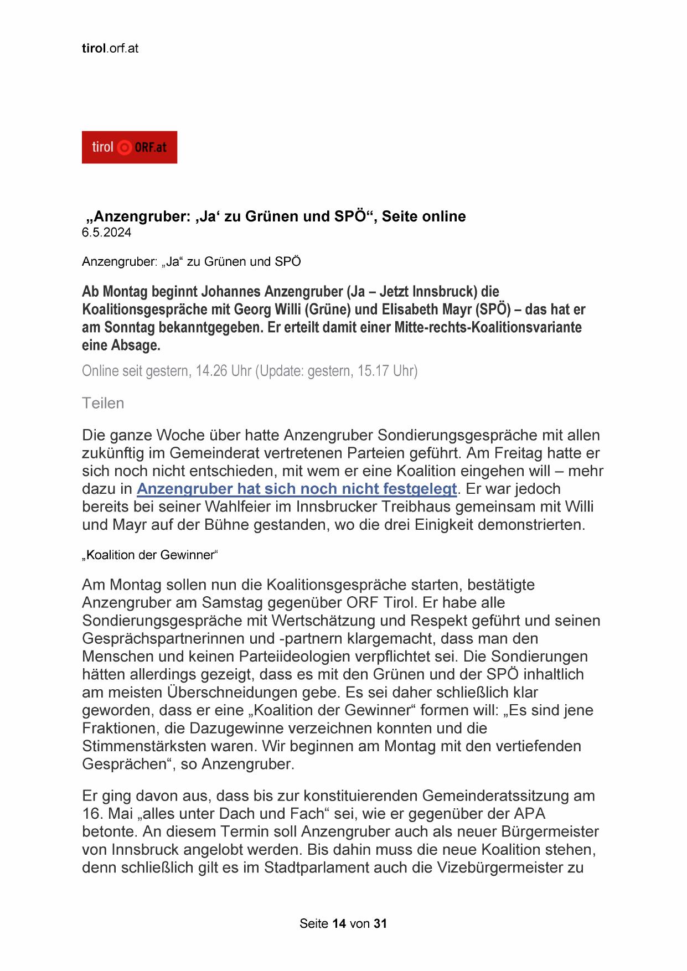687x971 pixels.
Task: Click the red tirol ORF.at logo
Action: point(129,147)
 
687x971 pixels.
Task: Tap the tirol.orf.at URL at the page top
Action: point(110,48)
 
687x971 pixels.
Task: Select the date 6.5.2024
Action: point(106,233)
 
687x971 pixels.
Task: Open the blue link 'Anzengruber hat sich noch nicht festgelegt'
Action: point(297,489)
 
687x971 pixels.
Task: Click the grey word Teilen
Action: point(103,403)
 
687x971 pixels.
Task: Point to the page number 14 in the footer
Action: point(339,923)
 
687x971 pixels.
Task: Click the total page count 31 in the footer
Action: point(380,923)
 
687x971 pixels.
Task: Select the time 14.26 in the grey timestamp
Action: point(211,371)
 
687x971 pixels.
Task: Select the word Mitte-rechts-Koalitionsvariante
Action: point(488,327)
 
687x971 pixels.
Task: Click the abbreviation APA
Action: point(529,813)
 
